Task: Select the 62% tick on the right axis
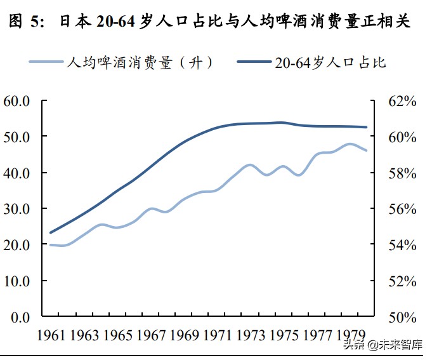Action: point(401,101)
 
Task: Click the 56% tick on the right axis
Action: point(401,209)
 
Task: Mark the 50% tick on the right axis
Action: point(401,317)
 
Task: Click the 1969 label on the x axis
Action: point(183,335)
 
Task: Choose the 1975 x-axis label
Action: point(282,335)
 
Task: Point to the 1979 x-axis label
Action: point(348,335)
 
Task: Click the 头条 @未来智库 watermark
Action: point(383,345)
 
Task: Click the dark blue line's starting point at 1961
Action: point(50,232)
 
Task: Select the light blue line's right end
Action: point(367,150)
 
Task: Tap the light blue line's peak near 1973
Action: point(249,164)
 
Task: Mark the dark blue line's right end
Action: point(367,127)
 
